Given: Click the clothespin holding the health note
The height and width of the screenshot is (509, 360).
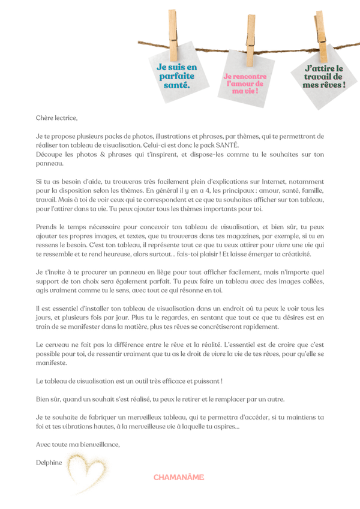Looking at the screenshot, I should point(174,34).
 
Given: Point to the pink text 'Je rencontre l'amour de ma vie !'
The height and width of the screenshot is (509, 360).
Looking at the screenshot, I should point(245,84).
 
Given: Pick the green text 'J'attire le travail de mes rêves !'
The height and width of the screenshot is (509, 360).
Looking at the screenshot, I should point(324,77).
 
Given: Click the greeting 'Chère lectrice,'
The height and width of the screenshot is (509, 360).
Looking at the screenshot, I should point(57,118).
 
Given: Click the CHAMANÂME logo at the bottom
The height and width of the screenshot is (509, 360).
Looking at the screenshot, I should point(178,477).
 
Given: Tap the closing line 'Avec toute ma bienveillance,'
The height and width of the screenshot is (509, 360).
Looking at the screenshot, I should point(78,444).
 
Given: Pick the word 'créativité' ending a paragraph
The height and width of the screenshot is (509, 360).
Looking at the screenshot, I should point(293,253).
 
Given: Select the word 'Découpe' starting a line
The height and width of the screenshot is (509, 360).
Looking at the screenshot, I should point(50,154).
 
